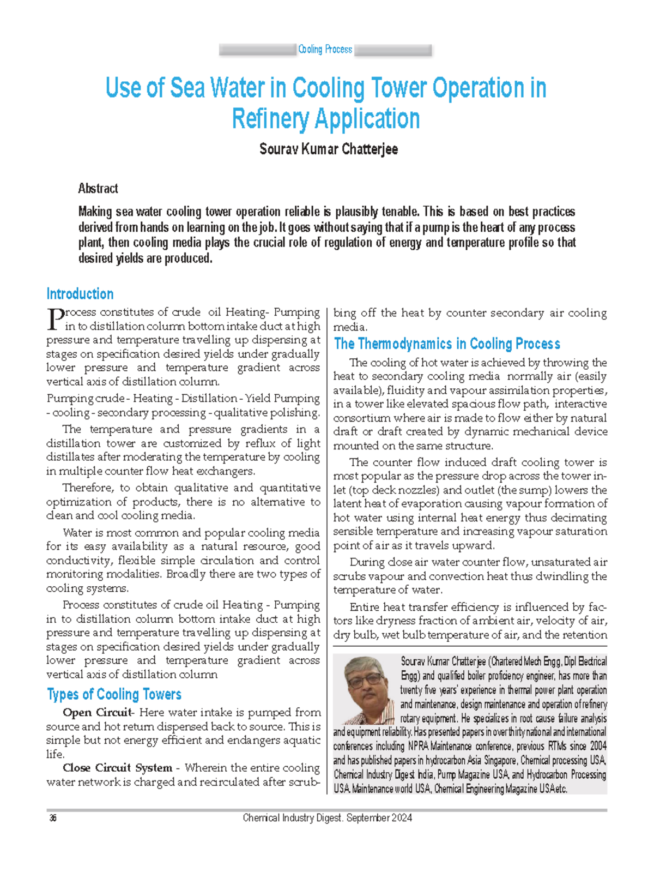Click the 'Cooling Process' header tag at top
tap(325, 50)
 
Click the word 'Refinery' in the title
tap(271, 119)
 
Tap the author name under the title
tap(328, 149)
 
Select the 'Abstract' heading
tap(98, 189)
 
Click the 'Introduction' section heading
tap(80, 294)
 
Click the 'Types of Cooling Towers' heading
tap(114, 694)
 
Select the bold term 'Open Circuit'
tap(97, 713)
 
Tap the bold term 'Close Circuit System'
tap(117, 768)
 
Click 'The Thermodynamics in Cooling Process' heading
tap(447, 344)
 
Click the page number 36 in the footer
tap(53, 818)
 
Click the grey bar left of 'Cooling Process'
tap(257, 50)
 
